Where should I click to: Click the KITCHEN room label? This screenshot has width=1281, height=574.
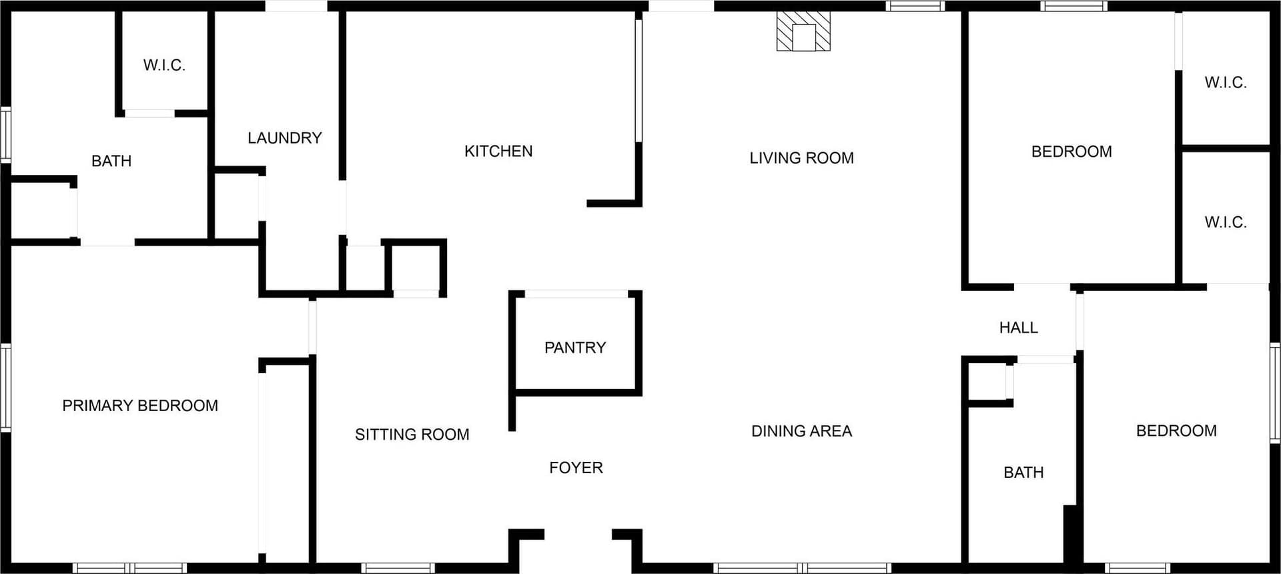[498, 152]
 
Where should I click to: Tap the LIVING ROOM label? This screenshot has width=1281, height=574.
[801, 158]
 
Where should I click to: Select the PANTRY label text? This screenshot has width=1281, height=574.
[575, 348]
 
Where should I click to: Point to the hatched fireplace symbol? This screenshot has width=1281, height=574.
[803, 31]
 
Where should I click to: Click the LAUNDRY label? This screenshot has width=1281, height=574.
[285, 138]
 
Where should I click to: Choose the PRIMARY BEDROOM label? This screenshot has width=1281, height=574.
[140, 406]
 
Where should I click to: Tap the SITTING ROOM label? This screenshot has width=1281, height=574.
[412, 435]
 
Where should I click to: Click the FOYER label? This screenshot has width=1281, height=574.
[576, 468]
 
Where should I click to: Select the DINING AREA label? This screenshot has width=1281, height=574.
[801, 431]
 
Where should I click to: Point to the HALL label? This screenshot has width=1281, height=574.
[1019, 328]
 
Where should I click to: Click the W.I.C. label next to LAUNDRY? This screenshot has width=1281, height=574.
[164, 65]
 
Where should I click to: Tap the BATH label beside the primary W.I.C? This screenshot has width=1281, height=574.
[111, 161]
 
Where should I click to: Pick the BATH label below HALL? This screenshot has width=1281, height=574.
[1023, 473]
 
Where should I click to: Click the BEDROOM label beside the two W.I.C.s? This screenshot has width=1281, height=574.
[1072, 152]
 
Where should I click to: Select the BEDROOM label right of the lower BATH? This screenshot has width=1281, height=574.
[1176, 431]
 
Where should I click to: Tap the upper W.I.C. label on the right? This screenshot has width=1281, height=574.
[1226, 83]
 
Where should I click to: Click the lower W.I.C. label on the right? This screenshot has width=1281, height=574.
[1226, 222]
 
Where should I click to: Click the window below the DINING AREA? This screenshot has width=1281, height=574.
[803, 568]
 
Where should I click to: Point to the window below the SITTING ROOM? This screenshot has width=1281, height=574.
[398, 568]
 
